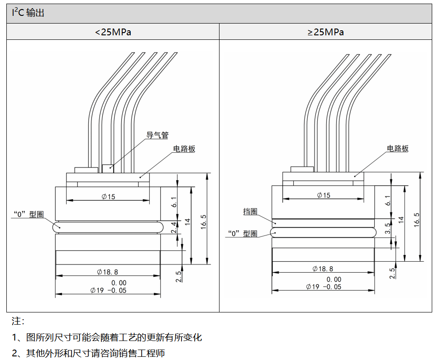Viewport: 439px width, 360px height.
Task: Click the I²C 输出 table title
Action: (x=28, y=13)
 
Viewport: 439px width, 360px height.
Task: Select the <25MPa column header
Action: (x=113, y=32)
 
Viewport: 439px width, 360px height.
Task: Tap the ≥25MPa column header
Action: (x=325, y=32)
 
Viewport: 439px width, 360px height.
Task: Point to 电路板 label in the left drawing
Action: (x=184, y=149)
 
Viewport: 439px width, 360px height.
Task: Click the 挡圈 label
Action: (x=250, y=212)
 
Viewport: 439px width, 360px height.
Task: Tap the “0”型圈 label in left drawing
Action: (x=28, y=215)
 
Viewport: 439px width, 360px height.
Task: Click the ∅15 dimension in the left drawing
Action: (x=109, y=197)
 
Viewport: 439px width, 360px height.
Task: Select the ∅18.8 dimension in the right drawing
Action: (x=323, y=269)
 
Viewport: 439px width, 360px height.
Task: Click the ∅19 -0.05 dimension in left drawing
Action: (x=108, y=290)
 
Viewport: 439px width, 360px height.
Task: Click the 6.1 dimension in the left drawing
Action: (x=174, y=202)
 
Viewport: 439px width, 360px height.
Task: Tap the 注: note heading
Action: (x=18, y=322)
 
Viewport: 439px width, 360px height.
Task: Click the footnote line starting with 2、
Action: (x=88, y=353)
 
